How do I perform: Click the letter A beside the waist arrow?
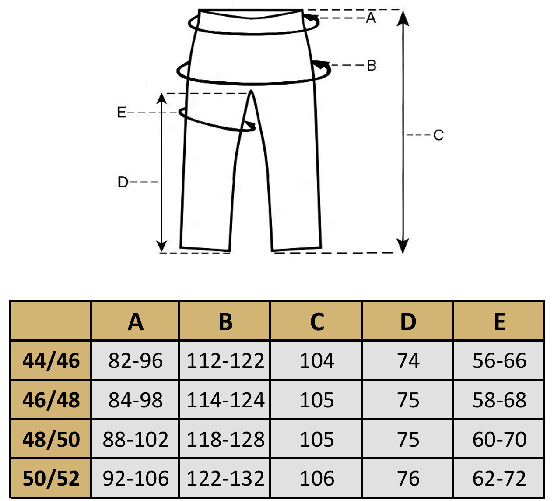pyautogui.click(x=371, y=18)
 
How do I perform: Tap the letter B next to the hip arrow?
pyautogui.click(x=372, y=66)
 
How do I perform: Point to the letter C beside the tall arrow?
pyautogui.click(x=438, y=135)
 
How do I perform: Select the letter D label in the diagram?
pyautogui.click(x=123, y=182)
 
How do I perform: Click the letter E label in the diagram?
pyautogui.click(x=122, y=113)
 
